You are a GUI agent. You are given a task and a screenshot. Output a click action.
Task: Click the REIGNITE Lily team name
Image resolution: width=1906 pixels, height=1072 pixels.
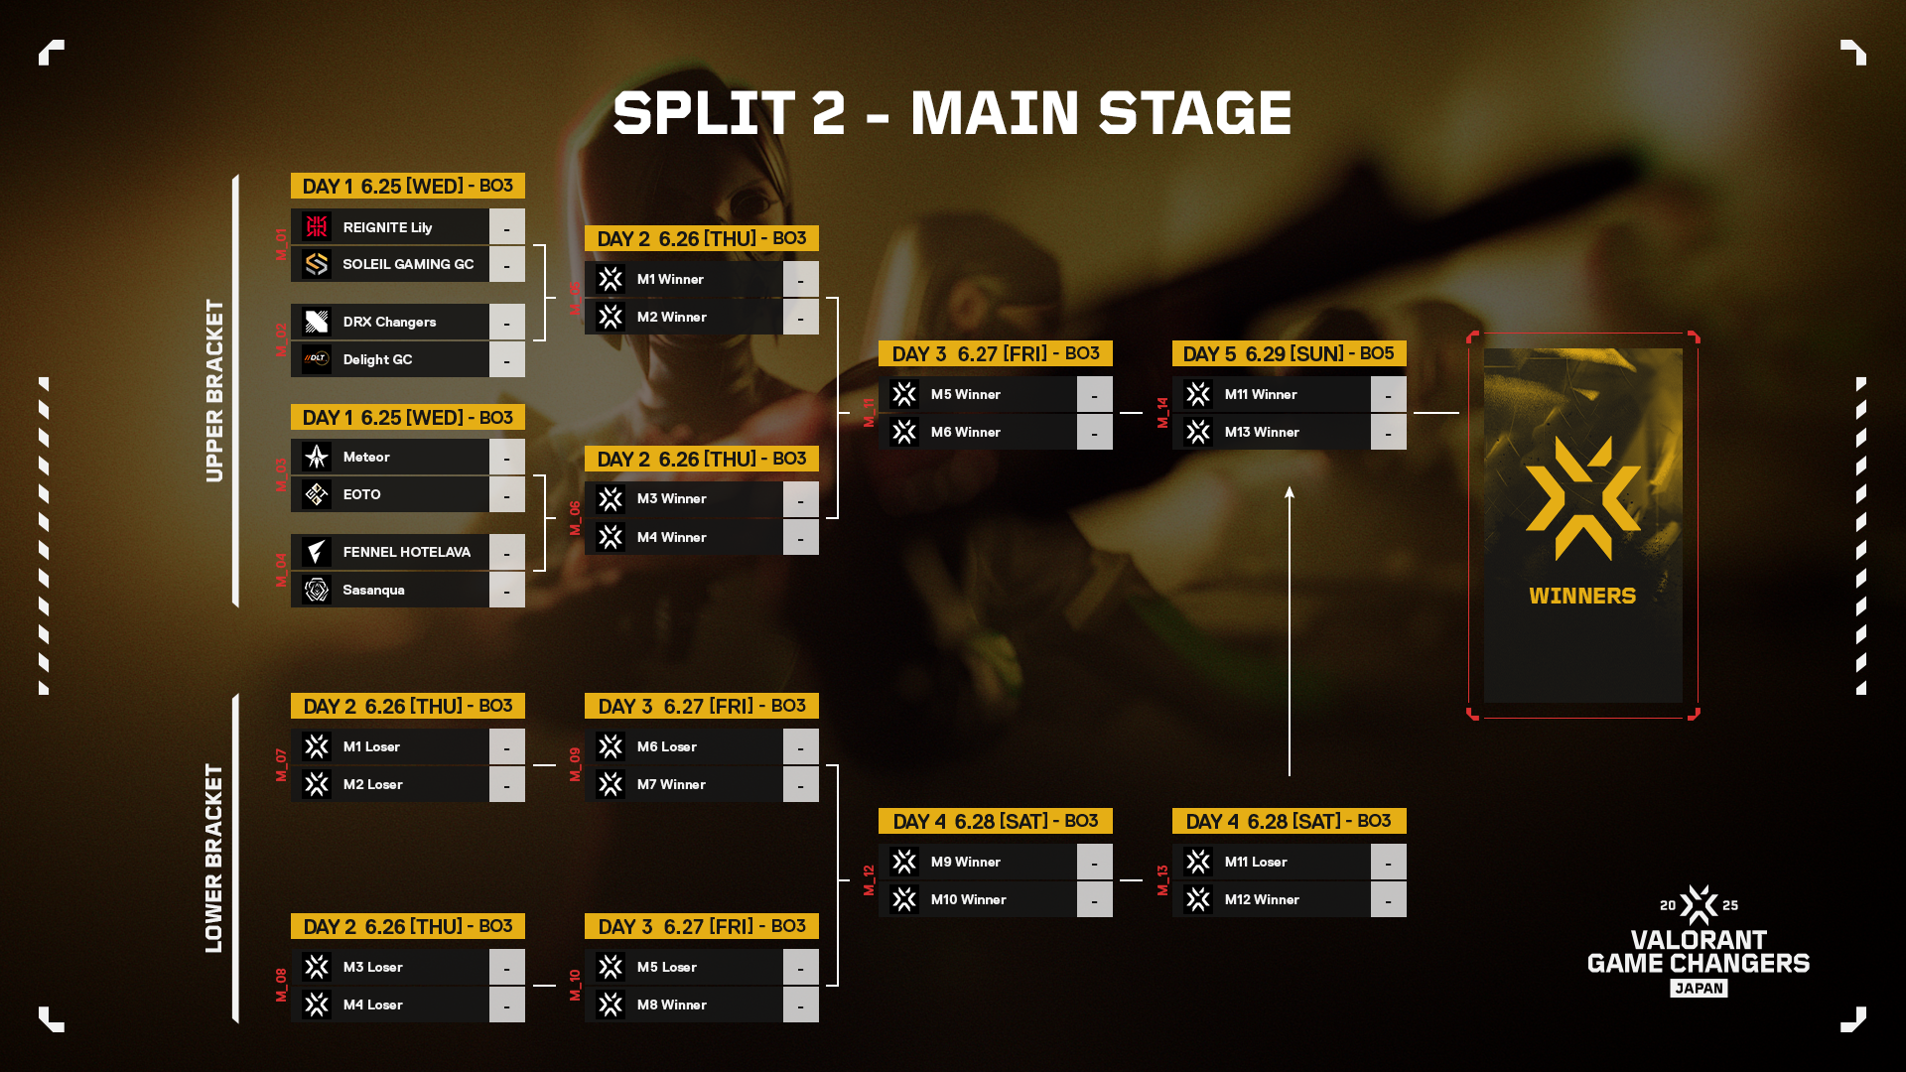pyautogui.click(x=387, y=227)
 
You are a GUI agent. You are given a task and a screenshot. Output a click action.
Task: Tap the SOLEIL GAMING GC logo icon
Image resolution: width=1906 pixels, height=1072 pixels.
pyautogui.click(x=317, y=264)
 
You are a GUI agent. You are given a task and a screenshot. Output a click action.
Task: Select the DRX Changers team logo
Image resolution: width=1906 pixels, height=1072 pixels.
pyautogui.click(x=317, y=322)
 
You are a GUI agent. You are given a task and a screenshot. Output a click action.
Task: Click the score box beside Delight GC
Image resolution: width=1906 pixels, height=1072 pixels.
pyautogui.click(x=506, y=359)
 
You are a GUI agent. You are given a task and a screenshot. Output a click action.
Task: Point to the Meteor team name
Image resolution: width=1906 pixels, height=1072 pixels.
pyautogui.click(x=366, y=457)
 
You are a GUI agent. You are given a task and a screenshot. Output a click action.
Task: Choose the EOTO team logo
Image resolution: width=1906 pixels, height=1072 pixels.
pyautogui.click(x=317, y=494)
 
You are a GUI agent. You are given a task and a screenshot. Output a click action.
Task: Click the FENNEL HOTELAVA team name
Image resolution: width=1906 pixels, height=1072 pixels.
pyautogui.click(x=406, y=552)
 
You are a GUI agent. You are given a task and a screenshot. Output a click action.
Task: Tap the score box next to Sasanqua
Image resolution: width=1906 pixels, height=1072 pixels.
pyautogui.click(x=506, y=590)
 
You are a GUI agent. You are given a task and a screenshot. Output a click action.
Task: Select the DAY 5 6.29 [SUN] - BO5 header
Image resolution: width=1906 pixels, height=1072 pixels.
pyautogui.click(x=1289, y=353)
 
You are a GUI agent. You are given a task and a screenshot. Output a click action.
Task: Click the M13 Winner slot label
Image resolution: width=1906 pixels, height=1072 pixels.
pyautogui.click(x=1262, y=432)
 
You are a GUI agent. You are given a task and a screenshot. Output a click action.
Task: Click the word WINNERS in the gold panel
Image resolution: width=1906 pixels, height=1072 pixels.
pyautogui.click(x=1582, y=596)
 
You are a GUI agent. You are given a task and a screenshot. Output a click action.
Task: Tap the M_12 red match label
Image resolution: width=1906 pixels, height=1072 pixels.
pyautogui.click(x=869, y=880)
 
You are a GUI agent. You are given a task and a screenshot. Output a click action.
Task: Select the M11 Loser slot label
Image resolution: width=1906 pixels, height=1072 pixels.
pyautogui.click(x=1256, y=862)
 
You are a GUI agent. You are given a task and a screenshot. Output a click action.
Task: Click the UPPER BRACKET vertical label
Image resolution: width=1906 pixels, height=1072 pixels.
pyautogui.click(x=214, y=390)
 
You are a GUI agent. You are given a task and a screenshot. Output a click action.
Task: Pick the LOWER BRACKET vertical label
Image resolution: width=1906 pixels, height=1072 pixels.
pyautogui.click(x=214, y=858)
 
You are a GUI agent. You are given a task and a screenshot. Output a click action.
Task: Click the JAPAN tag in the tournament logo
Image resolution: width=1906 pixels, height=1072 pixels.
pyautogui.click(x=1699, y=988)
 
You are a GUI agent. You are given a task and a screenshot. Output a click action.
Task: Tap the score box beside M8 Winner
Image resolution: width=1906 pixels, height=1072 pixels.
pyautogui.click(x=800, y=1005)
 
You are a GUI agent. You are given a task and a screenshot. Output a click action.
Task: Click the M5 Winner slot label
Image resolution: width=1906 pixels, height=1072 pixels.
pyautogui.click(x=965, y=394)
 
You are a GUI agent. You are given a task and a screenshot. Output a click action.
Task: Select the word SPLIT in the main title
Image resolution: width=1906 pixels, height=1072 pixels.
pyautogui.click(x=703, y=113)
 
